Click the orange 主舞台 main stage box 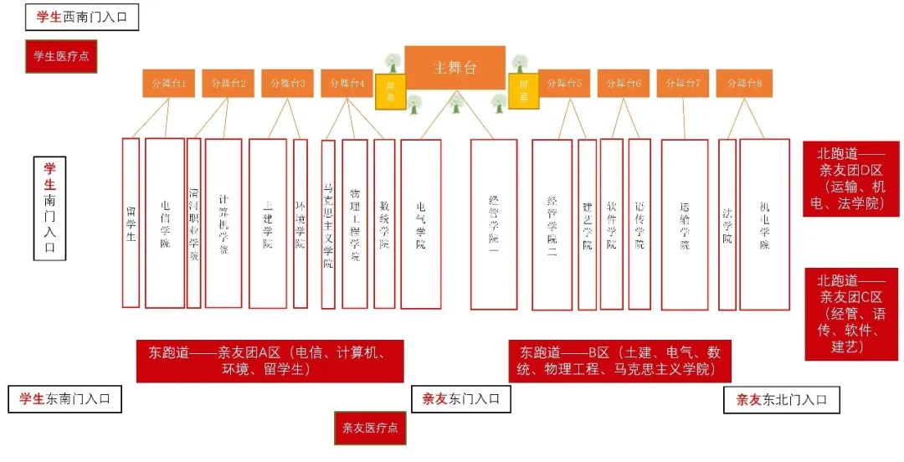tap(455, 68)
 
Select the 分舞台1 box tap(168, 84)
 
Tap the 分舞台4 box tap(347, 84)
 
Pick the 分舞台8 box tap(744, 84)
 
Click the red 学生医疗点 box tap(61, 56)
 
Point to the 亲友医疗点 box tap(370, 428)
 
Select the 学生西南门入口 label tap(82, 17)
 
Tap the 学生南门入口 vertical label tap(49, 208)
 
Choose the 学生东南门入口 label tap(64, 399)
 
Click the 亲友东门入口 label tap(460, 399)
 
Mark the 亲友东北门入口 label tap(781, 400)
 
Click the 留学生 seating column tap(131, 223)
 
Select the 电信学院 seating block tap(165, 223)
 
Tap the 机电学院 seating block tap(764, 224)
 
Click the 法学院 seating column tap(727, 224)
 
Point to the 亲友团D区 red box tap(850, 178)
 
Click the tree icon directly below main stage tap(456, 103)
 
